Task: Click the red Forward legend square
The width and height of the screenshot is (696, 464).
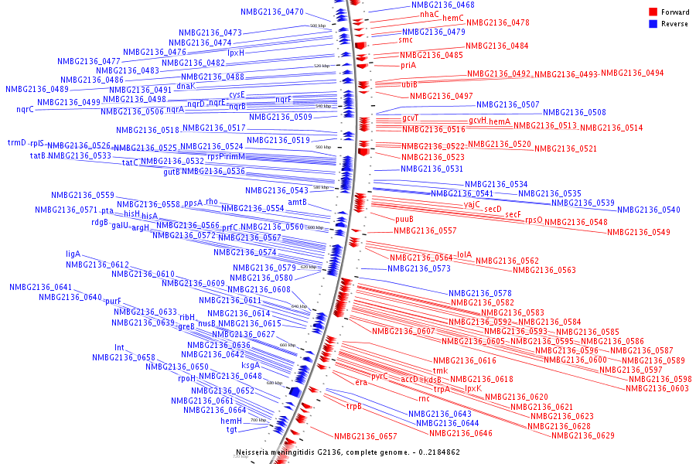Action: coord(653,12)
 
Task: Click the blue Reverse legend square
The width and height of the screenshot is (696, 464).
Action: coord(653,23)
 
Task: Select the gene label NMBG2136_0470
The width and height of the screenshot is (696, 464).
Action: coord(272,12)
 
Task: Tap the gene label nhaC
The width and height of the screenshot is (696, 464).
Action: coord(429,14)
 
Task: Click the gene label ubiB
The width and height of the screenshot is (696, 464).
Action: coord(410,84)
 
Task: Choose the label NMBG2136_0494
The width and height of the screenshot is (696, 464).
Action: coord(632,73)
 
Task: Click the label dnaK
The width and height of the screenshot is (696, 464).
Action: coord(186,86)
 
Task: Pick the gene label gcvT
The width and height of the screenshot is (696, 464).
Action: coord(411,118)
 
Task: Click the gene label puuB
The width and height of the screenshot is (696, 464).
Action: coord(404,219)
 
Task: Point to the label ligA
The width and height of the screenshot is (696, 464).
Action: coord(73,254)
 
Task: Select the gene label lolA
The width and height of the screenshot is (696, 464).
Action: coord(464,254)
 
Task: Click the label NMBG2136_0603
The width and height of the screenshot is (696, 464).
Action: coord(657,388)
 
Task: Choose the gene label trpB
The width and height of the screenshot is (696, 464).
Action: coord(354,406)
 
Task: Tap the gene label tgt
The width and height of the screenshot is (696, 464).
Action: coord(231,429)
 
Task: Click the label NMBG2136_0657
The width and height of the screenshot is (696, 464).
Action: coord(366,437)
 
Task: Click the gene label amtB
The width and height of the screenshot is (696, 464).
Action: coord(298,202)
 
